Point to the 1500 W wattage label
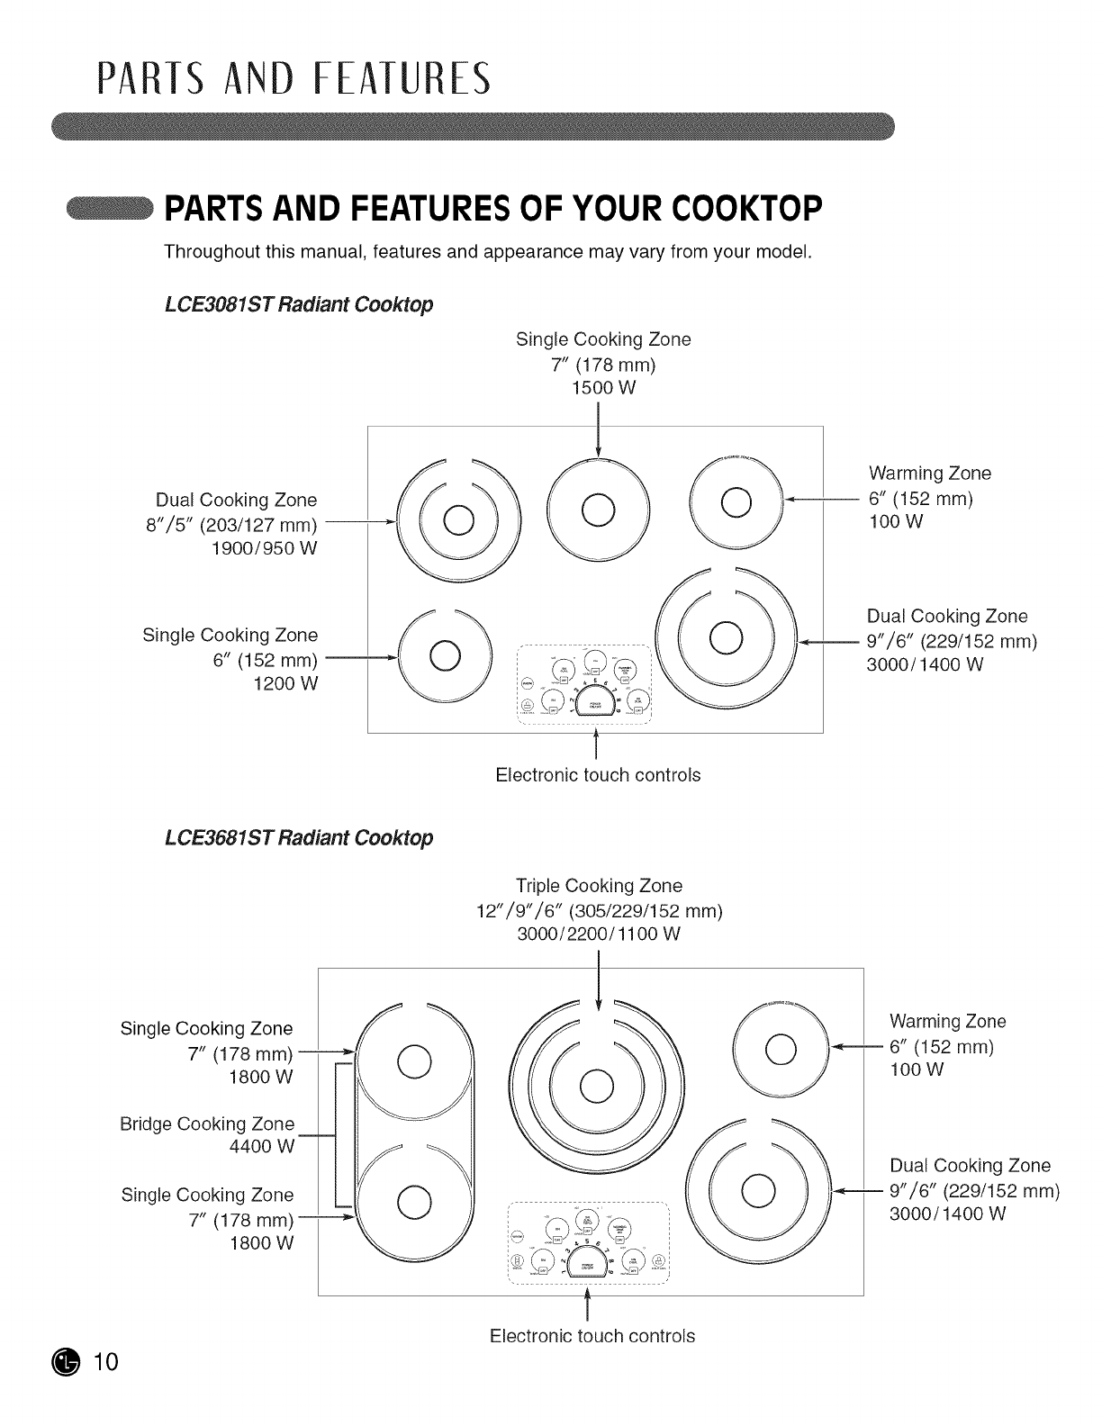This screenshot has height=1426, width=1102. click(x=603, y=388)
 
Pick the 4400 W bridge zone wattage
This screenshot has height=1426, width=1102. click(x=262, y=1147)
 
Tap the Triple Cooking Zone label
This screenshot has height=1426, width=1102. click(x=600, y=885)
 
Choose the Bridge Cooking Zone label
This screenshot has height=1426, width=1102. click(x=207, y=1124)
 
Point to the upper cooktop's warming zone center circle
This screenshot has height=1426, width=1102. click(x=736, y=501)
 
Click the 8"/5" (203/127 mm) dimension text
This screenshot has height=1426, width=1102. click(x=236, y=525)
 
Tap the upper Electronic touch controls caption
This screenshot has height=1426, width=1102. click(x=598, y=774)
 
